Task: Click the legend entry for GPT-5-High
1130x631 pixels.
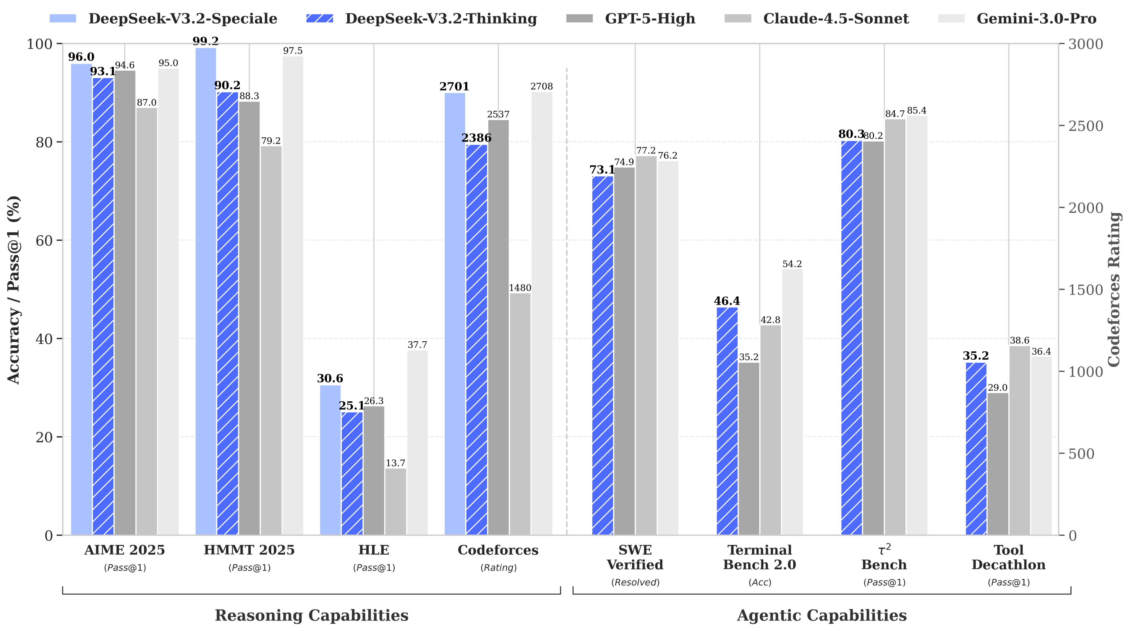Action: [x=650, y=19]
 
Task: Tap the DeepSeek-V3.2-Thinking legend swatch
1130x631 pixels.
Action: [x=319, y=18]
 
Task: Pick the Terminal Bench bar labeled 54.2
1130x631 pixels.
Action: [x=792, y=402]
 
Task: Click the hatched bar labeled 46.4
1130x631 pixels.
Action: [x=727, y=421]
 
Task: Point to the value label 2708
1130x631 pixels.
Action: [x=542, y=86]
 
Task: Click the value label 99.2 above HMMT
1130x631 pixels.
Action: [x=206, y=41]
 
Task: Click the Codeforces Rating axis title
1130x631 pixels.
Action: [x=1114, y=290]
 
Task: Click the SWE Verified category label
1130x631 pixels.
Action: [x=635, y=557]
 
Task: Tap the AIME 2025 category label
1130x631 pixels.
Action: [x=125, y=550]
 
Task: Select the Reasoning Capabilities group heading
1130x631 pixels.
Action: [x=311, y=615]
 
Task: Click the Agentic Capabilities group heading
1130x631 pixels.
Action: [x=822, y=615]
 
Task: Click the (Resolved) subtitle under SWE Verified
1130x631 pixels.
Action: [x=635, y=582]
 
